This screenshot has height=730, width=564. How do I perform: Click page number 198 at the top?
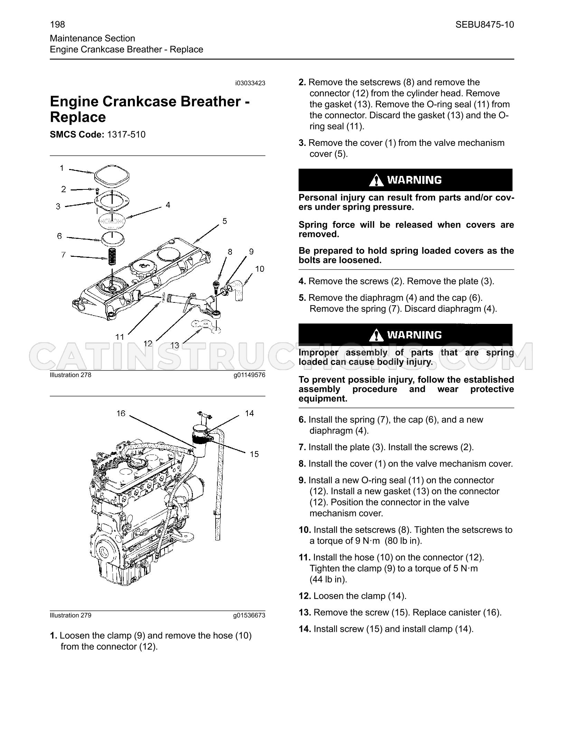point(57,25)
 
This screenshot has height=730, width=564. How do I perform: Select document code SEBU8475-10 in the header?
point(485,25)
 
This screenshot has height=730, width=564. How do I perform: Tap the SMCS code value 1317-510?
point(126,134)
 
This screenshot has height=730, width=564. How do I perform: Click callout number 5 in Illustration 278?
point(225,221)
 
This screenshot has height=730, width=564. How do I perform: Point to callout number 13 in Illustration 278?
point(175,345)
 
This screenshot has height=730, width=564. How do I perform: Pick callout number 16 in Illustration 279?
point(121,413)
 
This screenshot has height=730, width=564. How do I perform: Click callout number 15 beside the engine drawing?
point(254,454)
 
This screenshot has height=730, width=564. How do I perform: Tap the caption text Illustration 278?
point(70,375)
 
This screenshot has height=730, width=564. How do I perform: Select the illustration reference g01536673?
point(249,615)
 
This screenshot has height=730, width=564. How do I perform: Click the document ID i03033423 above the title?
point(250,83)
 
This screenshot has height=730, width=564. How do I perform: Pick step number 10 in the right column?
point(305,530)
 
